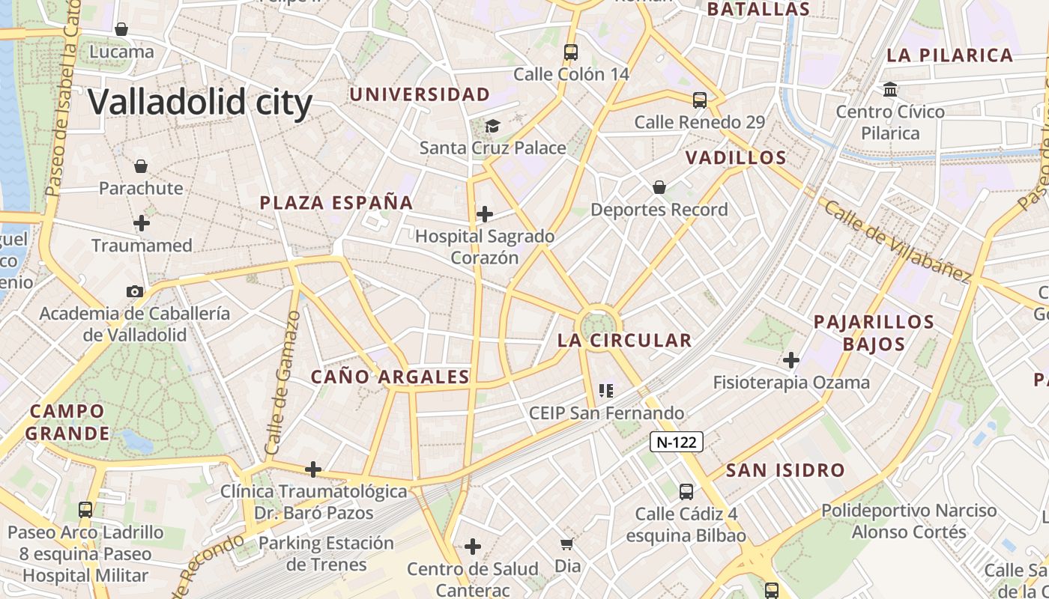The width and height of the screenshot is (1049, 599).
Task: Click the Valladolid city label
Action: tap(200, 101)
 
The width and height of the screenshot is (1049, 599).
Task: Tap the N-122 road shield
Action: tap(676, 442)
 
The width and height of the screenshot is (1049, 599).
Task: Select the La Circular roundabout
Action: tap(597, 323)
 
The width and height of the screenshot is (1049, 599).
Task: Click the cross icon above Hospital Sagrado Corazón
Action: tap(485, 214)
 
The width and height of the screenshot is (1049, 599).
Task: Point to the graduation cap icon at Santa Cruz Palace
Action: tap(492, 126)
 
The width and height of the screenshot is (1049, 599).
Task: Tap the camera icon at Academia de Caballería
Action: tap(135, 291)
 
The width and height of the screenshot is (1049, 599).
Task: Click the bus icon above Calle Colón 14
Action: tap(571, 52)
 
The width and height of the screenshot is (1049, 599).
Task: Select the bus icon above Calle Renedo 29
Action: tap(700, 100)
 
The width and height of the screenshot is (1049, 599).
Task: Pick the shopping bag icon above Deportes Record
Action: tap(659, 187)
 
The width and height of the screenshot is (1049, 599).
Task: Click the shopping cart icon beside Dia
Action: tap(567, 544)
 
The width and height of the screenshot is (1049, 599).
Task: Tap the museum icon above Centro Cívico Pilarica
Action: tap(890, 90)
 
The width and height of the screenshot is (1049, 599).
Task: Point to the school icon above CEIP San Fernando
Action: tap(606, 390)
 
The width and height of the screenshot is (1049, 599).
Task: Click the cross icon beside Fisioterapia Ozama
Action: tap(791, 360)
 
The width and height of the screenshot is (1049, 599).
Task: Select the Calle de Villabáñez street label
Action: tap(897, 240)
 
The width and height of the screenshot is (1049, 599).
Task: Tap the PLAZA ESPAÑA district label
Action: tap(336, 203)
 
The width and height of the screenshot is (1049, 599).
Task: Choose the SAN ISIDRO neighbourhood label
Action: tap(785, 471)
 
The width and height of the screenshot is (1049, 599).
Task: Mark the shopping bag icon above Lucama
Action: tap(121, 29)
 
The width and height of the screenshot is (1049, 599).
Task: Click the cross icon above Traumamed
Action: tap(142, 223)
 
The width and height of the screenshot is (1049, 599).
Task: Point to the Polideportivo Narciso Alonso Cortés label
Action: tap(909, 521)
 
